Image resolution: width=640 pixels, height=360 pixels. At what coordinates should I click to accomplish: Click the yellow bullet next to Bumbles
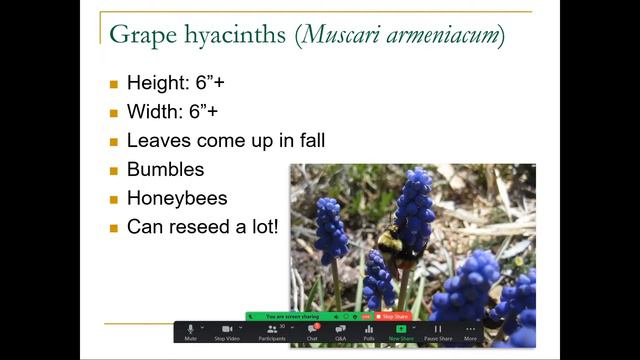pyautogui.click(x=113, y=170)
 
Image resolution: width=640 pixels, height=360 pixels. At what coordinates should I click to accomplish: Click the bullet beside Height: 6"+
pyautogui.click(x=113, y=84)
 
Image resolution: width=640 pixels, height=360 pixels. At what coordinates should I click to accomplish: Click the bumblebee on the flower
pyautogui.click(x=393, y=244)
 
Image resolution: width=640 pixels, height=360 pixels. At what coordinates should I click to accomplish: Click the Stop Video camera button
pyautogui.click(x=227, y=331)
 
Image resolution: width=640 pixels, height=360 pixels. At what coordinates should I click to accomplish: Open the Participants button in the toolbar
pyautogui.click(x=271, y=331)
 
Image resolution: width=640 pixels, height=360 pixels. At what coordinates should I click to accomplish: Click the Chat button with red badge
pyautogui.click(x=312, y=331)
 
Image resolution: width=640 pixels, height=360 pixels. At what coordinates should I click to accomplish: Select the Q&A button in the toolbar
pyautogui.click(x=340, y=331)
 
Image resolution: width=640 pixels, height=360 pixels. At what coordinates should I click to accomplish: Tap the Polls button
pyautogui.click(x=368, y=331)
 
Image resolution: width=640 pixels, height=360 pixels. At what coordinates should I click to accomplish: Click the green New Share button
pyautogui.click(x=401, y=331)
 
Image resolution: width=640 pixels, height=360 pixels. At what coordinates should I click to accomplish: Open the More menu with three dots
pyautogui.click(x=470, y=331)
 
